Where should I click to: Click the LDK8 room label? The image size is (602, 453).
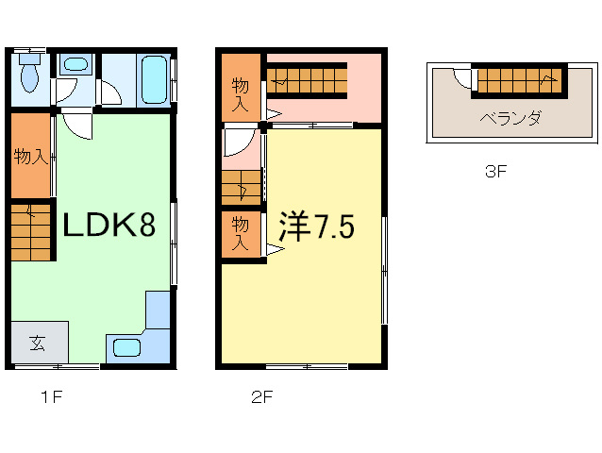click(109, 225)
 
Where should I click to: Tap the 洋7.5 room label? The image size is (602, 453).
click(316, 226)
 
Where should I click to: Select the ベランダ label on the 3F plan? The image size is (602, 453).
click(510, 118)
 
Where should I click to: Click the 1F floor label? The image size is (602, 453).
click(52, 396)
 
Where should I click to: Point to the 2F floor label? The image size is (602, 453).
click(262, 396)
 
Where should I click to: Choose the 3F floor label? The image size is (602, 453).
click(496, 171)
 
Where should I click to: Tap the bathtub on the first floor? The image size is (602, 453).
click(155, 80)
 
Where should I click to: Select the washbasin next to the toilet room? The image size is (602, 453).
click(76, 64)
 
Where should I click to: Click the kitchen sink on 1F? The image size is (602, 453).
click(127, 348)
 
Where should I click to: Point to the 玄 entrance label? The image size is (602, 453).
click(37, 343)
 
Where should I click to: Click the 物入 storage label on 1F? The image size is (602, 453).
click(31, 157)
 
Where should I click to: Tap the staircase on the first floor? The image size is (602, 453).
click(31, 232)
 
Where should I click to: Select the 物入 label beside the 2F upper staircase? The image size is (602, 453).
click(241, 94)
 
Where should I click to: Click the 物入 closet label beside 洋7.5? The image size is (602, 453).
click(241, 233)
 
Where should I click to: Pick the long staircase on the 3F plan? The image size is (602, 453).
click(518, 80)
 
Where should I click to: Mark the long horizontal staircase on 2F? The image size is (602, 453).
click(307, 80)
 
